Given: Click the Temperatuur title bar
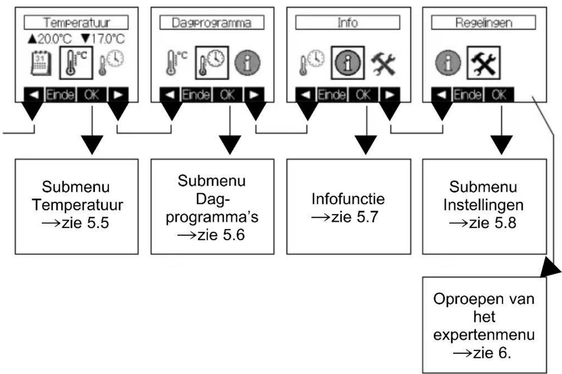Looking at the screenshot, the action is (x=76, y=22).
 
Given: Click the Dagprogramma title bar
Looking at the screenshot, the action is (x=212, y=22).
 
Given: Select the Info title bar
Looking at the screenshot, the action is (x=348, y=22).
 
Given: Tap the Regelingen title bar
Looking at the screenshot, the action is (x=484, y=22).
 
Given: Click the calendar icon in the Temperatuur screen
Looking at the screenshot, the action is (x=41, y=63).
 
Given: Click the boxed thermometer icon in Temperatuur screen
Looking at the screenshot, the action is (x=76, y=63).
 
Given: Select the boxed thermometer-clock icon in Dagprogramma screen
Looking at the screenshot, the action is (x=212, y=63).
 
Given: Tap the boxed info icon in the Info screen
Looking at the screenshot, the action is (x=348, y=63).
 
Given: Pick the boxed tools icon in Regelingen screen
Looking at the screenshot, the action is (x=484, y=63).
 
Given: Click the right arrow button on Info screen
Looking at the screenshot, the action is (x=390, y=95).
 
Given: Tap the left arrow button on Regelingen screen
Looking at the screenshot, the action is (x=441, y=95).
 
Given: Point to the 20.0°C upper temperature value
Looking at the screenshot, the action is (x=50, y=39).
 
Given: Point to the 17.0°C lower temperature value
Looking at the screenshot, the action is (x=103, y=39).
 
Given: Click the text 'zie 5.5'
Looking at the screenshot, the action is (x=86, y=222).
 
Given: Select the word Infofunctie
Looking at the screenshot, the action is (x=348, y=199).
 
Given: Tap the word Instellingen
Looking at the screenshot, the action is (x=484, y=205).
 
